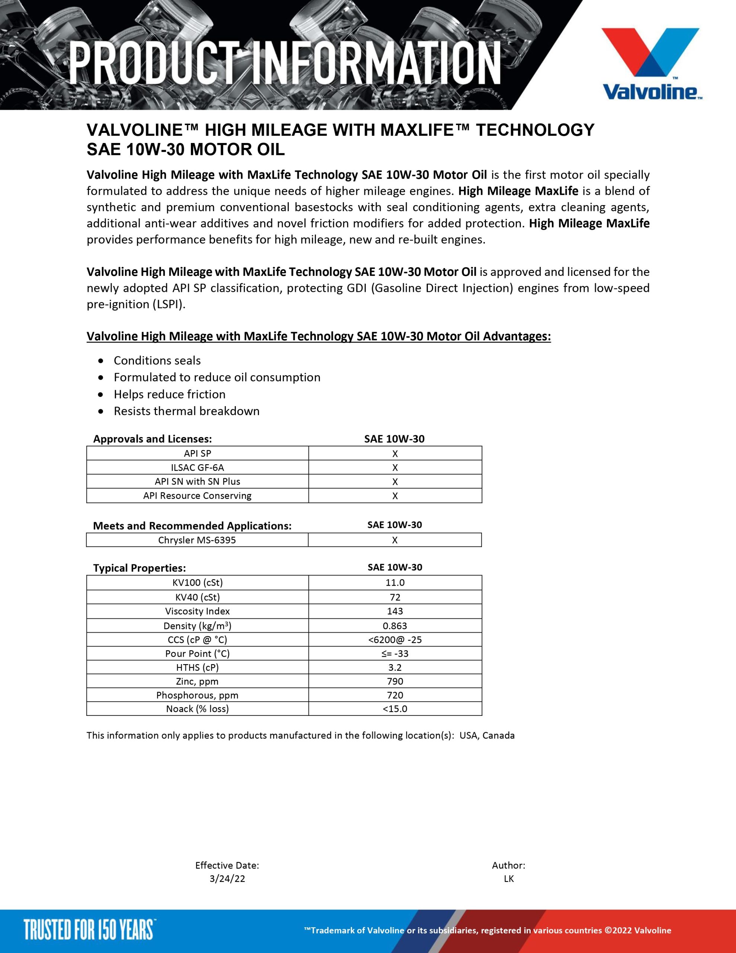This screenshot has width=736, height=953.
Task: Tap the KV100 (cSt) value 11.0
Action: point(395,583)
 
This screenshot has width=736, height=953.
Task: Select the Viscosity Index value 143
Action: point(395,611)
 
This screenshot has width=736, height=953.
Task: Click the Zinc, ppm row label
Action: point(197,681)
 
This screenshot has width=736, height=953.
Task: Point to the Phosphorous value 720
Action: point(395,695)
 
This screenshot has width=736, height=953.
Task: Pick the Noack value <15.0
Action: point(395,709)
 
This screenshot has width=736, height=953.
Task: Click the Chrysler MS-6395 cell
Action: point(197,540)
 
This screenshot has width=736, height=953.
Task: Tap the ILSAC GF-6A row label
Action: point(197,467)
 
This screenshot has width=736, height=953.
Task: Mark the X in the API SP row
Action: point(395,453)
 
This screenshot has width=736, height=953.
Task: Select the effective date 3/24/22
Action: point(227,879)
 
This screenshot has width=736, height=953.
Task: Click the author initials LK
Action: point(509,879)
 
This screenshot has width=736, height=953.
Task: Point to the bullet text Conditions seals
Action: point(157,360)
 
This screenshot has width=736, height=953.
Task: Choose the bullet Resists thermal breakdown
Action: point(186,411)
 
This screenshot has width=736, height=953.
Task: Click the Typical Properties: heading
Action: point(139,568)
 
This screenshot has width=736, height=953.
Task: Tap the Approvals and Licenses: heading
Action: point(152,439)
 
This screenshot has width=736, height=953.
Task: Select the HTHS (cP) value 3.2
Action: point(395,667)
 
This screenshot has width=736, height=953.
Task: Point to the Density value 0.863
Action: point(395,625)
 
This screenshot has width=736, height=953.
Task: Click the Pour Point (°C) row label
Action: point(197,653)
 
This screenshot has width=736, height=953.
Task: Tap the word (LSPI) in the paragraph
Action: point(169,304)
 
